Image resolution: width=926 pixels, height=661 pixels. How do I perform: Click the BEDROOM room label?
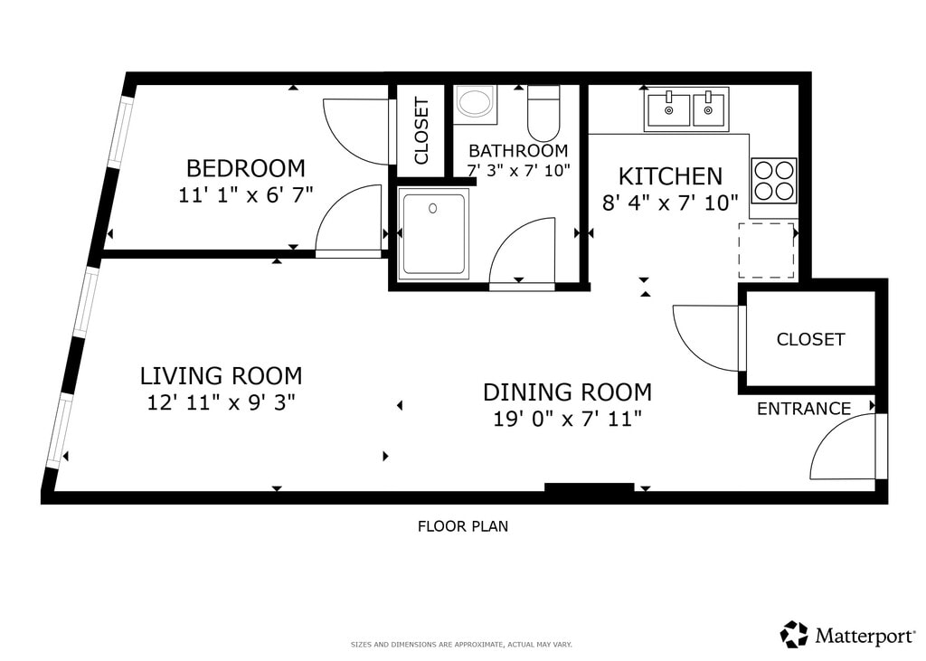point(246,168)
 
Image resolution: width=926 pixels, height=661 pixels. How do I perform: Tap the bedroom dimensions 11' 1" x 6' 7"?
point(246,195)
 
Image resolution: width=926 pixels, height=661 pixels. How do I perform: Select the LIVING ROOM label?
point(221,375)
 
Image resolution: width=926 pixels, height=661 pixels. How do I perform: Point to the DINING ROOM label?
point(568,392)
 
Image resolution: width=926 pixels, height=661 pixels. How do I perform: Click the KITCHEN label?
point(670,176)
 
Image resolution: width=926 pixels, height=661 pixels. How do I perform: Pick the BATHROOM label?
point(518,151)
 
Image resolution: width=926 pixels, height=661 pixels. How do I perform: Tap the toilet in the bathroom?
point(543,113)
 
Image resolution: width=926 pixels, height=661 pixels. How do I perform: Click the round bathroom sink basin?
point(476,102)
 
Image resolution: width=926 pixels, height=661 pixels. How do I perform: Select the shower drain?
point(433,208)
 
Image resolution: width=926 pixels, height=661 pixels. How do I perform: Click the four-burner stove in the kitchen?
point(774,180)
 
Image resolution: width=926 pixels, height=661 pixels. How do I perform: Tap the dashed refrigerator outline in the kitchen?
point(767,250)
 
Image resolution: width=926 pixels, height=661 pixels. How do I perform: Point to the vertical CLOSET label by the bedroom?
point(421,131)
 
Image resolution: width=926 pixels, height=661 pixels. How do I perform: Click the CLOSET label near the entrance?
point(810,339)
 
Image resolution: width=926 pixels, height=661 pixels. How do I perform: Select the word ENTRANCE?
point(804,409)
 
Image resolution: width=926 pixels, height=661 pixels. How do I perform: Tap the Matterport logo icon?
point(794,635)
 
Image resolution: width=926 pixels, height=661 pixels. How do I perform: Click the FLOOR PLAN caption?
point(463,526)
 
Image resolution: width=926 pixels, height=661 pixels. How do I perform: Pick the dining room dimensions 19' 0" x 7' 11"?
point(568,420)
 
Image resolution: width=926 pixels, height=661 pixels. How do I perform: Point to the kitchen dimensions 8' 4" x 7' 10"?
point(670,203)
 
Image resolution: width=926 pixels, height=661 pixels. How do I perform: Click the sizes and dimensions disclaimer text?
point(461,645)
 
